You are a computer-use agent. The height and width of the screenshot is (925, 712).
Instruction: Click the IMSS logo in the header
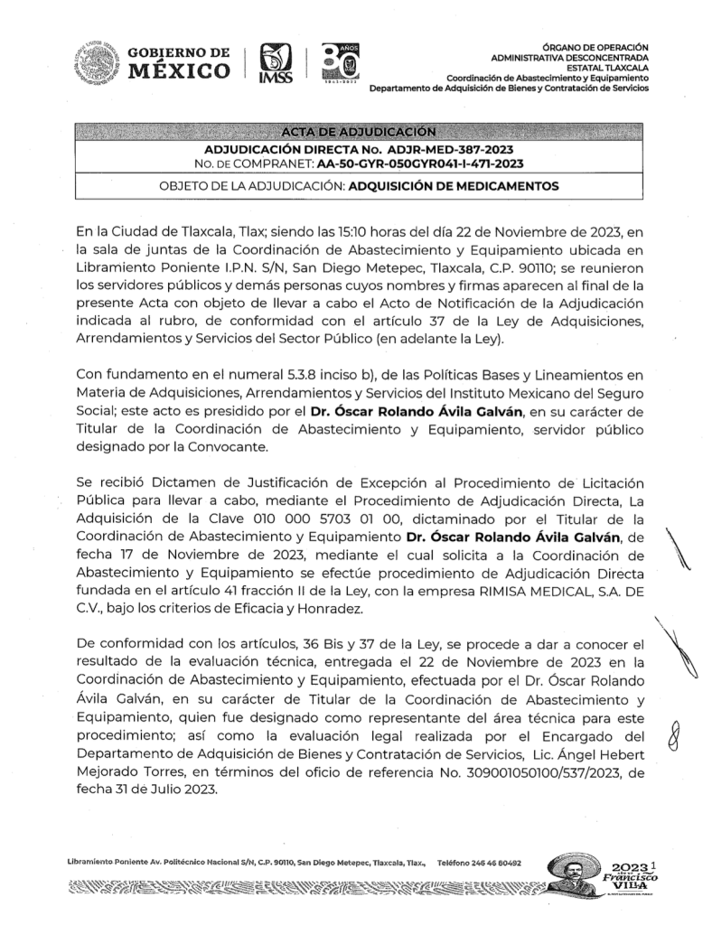[276, 66]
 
